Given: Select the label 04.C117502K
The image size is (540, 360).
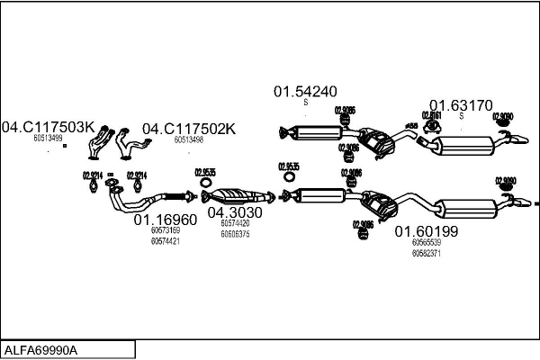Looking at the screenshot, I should coord(189,129).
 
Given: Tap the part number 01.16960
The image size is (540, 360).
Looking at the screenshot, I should coord(165,220).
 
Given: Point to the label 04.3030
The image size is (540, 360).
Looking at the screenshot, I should coord(235,213).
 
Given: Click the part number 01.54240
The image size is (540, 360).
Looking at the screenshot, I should coord(305,91).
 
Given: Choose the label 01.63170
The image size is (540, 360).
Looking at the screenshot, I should coord(460,104).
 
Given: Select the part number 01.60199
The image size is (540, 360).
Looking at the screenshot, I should coord(427,231).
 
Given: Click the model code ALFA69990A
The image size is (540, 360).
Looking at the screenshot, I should coord(41,349).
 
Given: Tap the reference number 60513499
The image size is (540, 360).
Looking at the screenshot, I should coord(48,139).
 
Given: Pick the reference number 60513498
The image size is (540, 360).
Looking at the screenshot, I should coord(189,140).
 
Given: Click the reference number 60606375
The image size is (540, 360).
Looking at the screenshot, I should coord(235,234).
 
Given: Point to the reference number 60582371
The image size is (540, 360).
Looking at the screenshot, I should coord(427,253).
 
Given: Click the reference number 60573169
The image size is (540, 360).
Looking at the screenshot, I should coord(165,230).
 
